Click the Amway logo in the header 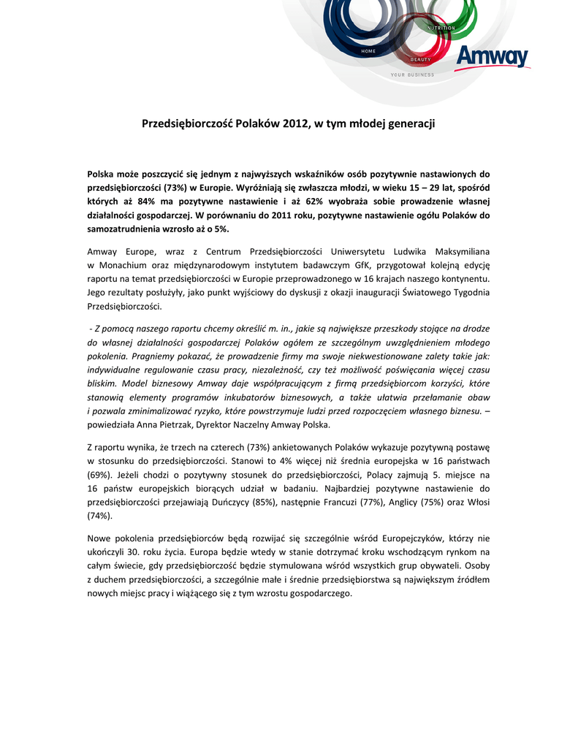point(493,56)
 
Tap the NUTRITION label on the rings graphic point(441,28)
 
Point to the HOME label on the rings point(368,51)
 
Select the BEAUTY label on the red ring point(420,59)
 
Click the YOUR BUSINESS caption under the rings point(412,75)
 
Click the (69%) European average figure point(99,474)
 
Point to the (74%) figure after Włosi point(99,516)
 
